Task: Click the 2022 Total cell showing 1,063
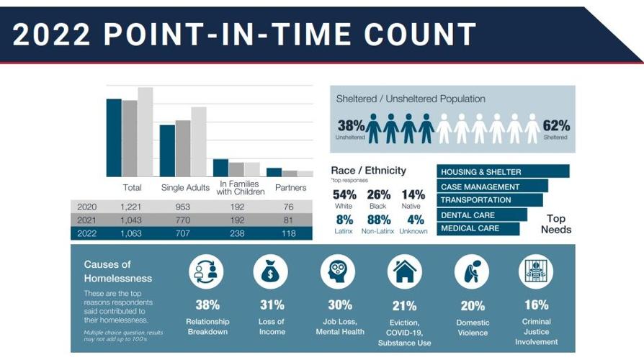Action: [x=132, y=233]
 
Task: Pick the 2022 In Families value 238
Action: [x=238, y=233]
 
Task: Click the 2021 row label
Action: [x=86, y=220]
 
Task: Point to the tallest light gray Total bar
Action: [x=146, y=132]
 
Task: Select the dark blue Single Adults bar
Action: [x=167, y=150]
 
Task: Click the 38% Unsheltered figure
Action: [x=351, y=125]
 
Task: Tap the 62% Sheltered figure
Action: [x=555, y=125]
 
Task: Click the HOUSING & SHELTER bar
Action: [x=503, y=172]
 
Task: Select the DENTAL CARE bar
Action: [x=482, y=215]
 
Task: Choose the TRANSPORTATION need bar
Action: [x=490, y=200]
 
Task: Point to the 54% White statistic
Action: [x=344, y=194]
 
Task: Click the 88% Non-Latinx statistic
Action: [x=379, y=220]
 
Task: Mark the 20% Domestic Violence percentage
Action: [x=473, y=306]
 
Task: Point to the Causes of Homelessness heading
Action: [x=118, y=271]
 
